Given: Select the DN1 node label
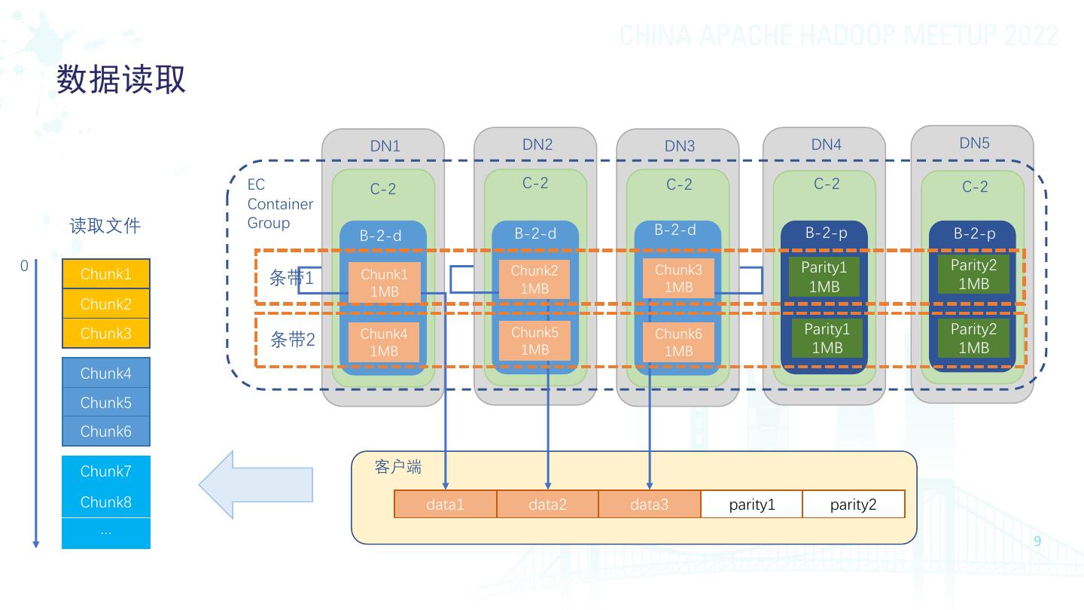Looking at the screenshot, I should pyautogui.click(x=385, y=146).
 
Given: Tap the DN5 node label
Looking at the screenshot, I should pyautogui.click(x=974, y=143).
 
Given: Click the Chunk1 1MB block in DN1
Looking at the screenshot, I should pyautogui.click(x=384, y=282).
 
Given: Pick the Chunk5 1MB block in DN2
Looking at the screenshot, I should pyautogui.click(x=534, y=340).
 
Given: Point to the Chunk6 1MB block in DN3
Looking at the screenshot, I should pyautogui.click(x=678, y=342).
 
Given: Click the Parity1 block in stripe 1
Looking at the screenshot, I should pyautogui.click(x=824, y=276).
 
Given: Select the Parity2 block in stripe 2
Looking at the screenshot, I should pyautogui.click(x=973, y=338).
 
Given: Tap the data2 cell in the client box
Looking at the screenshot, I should pyautogui.click(x=547, y=505).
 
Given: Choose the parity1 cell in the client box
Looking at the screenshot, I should pyautogui.click(x=751, y=505).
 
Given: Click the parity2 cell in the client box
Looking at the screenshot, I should pyautogui.click(x=853, y=505).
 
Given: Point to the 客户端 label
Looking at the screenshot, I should pyautogui.click(x=398, y=467).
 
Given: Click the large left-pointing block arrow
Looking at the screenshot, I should pyautogui.click(x=256, y=485).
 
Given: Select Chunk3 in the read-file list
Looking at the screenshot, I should pyautogui.click(x=105, y=334).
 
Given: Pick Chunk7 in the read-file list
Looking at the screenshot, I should pyautogui.click(x=105, y=471).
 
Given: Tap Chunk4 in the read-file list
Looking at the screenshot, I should pyautogui.click(x=105, y=374).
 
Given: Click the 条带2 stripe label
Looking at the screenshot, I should pyautogui.click(x=292, y=340).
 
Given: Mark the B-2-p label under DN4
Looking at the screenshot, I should pyautogui.click(x=826, y=233).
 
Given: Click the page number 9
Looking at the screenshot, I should pyautogui.click(x=1037, y=541).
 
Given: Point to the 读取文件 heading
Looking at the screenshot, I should pyautogui.click(x=105, y=226).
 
